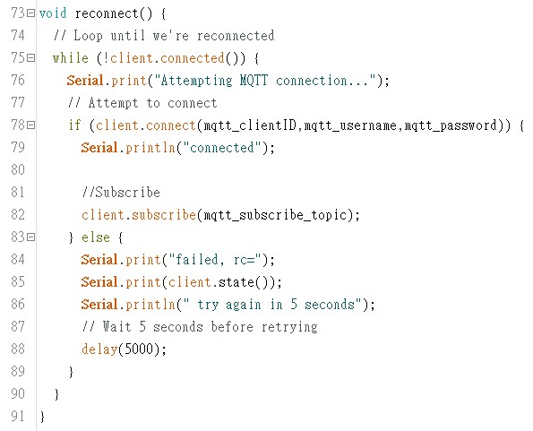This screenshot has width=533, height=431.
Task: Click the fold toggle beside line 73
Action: click(31, 13)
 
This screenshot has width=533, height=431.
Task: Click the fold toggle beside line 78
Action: click(31, 125)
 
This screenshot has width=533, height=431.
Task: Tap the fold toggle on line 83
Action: click(31, 237)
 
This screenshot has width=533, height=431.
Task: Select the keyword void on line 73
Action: click(53, 13)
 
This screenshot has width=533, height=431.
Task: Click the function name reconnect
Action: click(107, 14)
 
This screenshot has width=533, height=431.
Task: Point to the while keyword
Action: click(71, 58)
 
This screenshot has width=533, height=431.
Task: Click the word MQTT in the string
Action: click(254, 81)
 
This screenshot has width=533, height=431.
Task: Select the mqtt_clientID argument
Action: click(250, 125)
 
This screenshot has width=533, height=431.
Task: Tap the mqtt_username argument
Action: click(350, 125)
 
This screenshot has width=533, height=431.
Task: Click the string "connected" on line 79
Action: click(222, 148)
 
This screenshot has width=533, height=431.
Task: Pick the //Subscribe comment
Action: click(121, 193)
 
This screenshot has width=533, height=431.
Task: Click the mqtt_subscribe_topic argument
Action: click(275, 215)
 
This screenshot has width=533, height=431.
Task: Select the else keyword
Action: click(96, 237)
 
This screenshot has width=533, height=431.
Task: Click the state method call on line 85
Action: click(236, 282)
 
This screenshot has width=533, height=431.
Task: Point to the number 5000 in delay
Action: click(139, 349)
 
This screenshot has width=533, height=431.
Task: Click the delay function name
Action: click(99, 349)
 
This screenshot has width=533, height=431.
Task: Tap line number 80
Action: click(18, 169)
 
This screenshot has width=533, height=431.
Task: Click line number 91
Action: click(18, 416)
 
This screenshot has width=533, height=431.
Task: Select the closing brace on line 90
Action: click(56, 394)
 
